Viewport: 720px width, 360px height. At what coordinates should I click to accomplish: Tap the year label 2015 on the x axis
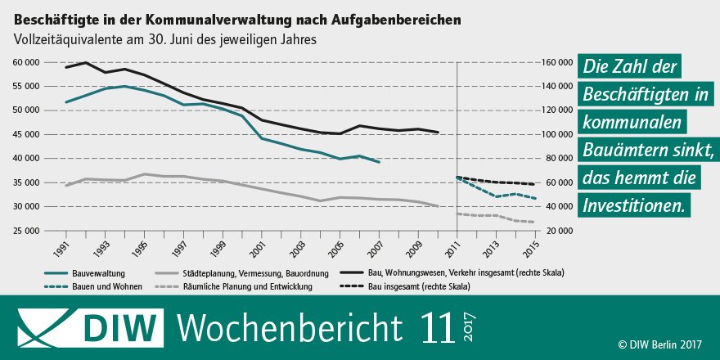point(534,246)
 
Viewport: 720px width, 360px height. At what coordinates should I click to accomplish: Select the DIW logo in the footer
point(87,327)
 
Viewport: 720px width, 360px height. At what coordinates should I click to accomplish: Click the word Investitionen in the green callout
point(633,205)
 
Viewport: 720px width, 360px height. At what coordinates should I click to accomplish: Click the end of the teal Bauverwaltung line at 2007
point(379,162)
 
